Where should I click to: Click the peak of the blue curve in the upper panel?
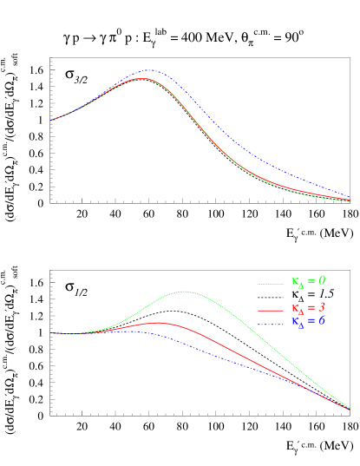151,70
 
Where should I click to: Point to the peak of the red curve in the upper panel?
143,78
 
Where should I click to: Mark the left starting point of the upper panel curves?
51,120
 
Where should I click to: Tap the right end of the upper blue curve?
349,197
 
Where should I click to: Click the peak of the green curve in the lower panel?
184,292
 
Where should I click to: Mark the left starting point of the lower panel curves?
51,333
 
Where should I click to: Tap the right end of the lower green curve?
349,405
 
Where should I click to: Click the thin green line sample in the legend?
271,283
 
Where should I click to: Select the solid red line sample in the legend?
271,310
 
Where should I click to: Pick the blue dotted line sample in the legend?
271,324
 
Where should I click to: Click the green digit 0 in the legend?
322,280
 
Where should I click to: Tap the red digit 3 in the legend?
322,308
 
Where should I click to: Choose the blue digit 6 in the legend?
322,321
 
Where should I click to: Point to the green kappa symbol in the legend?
295,281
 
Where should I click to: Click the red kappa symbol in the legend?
295,309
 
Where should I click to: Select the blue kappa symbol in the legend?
295,322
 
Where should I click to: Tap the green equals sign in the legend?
311,281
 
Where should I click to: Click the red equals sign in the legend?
311,309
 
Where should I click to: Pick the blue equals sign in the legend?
311,322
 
